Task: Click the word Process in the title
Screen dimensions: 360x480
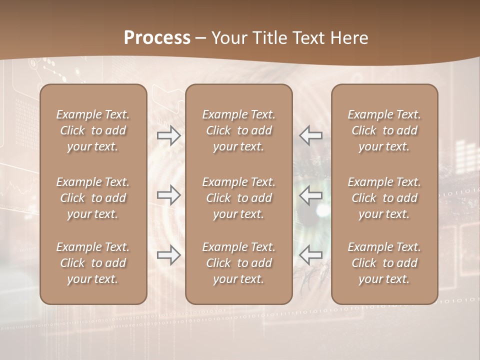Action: click(157, 38)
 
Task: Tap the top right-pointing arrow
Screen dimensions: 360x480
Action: click(169, 135)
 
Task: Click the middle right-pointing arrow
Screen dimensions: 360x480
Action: click(169, 195)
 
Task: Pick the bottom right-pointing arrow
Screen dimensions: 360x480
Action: click(169, 255)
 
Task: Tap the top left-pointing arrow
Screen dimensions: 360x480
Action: click(310, 135)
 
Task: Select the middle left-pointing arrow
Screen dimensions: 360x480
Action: click(310, 195)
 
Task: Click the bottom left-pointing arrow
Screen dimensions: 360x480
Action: click(310, 255)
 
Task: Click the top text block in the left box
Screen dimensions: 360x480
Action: click(93, 130)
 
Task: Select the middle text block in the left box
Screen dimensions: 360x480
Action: click(93, 198)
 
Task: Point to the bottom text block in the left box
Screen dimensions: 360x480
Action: click(93, 263)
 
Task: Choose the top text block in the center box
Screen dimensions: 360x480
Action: click(238, 130)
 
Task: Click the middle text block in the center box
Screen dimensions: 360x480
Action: click(238, 198)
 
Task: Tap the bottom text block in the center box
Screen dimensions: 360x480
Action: click(238, 263)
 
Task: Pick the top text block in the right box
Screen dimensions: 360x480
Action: click(384, 130)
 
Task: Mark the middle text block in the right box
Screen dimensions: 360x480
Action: click(384, 198)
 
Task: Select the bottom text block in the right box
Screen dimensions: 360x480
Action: click(384, 263)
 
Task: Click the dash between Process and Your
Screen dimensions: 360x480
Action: click(200, 38)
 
